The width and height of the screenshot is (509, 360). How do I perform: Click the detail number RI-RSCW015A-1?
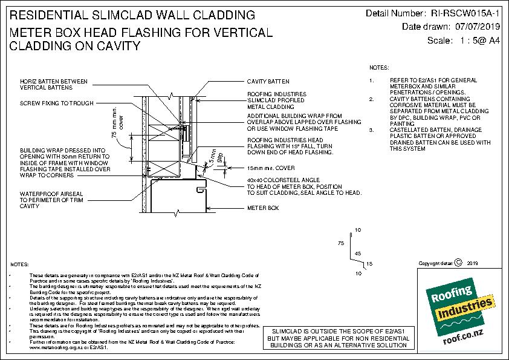[x=466, y=13]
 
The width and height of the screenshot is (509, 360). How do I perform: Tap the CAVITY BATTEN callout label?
[x=268, y=81]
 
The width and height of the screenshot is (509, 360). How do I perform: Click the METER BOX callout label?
[x=262, y=208]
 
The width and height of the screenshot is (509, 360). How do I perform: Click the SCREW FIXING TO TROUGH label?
[x=57, y=103]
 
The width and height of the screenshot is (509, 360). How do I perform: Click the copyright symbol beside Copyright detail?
[x=458, y=263]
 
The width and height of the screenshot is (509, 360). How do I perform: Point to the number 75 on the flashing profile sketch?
[x=340, y=242]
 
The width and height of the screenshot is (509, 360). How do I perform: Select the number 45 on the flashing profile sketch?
[x=357, y=253]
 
